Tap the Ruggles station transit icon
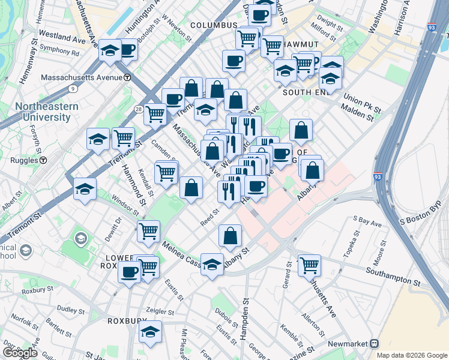(x=43, y=160)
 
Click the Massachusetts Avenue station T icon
(x=127, y=77)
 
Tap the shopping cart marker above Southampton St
(x=309, y=264)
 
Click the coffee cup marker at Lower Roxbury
(x=129, y=272)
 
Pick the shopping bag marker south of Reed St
(x=230, y=235)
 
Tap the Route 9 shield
(x=73, y=89)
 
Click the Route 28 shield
(x=139, y=109)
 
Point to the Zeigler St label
(x=162, y=312)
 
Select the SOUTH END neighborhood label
(x=306, y=92)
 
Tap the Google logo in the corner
(x=20, y=353)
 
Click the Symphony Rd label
(x=59, y=53)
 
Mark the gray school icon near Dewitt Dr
(x=80, y=238)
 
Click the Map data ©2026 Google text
(x=412, y=355)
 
